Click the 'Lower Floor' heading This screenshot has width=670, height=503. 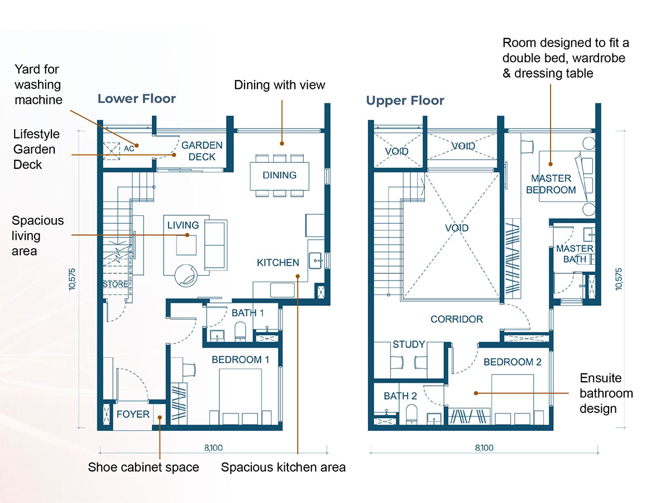pos(137,99)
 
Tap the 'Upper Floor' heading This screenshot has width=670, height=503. pos(405,101)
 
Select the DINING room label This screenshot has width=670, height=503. pos(279,175)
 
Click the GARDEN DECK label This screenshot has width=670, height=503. pos(202,151)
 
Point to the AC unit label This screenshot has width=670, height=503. pos(129,149)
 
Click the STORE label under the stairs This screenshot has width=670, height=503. pos(115,284)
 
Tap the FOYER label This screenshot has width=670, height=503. pos(133,414)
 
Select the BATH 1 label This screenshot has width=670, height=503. pos(247,313)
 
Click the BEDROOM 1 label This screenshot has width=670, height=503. pos(240,359)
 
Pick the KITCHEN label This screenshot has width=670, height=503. pos(277,262)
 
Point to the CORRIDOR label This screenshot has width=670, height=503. pos(457,319)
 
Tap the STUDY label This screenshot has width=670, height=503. pos(409,344)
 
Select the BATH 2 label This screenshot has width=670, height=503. pos(400,396)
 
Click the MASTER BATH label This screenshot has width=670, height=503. pos(575,254)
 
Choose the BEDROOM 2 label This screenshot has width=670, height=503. pos(512,362)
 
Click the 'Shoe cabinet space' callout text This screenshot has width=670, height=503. pos(143,467)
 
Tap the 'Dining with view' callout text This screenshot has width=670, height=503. pos(279,85)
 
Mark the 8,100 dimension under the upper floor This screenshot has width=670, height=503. pos(484,448)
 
